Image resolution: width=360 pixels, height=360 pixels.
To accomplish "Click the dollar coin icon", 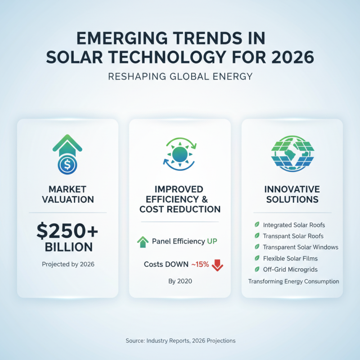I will click(x=67, y=165).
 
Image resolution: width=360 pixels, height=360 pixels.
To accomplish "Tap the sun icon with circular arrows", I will click(x=180, y=153).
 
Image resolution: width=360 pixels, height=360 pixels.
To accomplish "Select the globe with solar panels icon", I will click(x=292, y=153).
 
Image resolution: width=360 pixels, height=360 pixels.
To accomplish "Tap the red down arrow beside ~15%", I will click(x=217, y=265).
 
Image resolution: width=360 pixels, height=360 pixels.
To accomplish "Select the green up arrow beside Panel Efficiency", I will click(x=143, y=242).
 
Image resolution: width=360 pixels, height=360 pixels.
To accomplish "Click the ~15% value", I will click(x=200, y=265).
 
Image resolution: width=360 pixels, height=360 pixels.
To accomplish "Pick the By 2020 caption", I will click(x=180, y=282).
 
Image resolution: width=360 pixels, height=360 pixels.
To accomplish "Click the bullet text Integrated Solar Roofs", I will click(x=294, y=224).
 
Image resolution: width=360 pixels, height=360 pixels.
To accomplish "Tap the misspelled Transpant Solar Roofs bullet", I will click(x=293, y=236).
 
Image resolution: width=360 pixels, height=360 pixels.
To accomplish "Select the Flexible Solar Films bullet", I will click(x=290, y=258).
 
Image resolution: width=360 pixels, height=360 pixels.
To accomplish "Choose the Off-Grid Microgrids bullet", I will click(x=290, y=270).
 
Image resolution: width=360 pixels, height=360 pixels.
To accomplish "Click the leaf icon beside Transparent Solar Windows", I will click(x=257, y=247).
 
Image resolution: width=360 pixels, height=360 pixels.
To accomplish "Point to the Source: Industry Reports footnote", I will click(x=180, y=341).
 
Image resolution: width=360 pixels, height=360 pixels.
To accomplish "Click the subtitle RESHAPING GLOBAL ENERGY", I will click(x=180, y=76).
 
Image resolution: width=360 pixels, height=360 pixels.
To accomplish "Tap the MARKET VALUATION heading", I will click(x=67, y=194).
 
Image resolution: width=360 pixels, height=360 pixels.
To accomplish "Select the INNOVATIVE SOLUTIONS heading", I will click(x=292, y=194).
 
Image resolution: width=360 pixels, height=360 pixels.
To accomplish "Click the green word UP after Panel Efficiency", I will click(x=212, y=242).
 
